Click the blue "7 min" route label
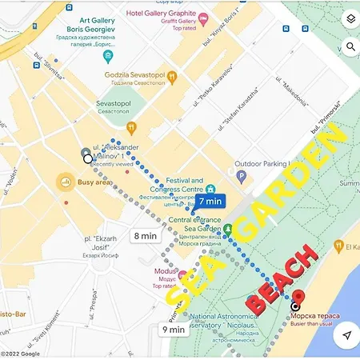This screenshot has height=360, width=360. (211, 202)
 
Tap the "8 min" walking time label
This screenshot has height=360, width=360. (146, 236)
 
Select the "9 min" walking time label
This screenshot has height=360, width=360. (174, 328)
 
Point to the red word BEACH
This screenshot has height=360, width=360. (282, 279)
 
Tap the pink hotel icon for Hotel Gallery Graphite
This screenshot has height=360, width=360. (204, 16)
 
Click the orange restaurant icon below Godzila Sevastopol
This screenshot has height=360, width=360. (133, 127)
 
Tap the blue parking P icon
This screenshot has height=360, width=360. (242, 175)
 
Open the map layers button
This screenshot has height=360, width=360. (350, 19)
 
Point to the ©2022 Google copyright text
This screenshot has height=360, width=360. (20, 354)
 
